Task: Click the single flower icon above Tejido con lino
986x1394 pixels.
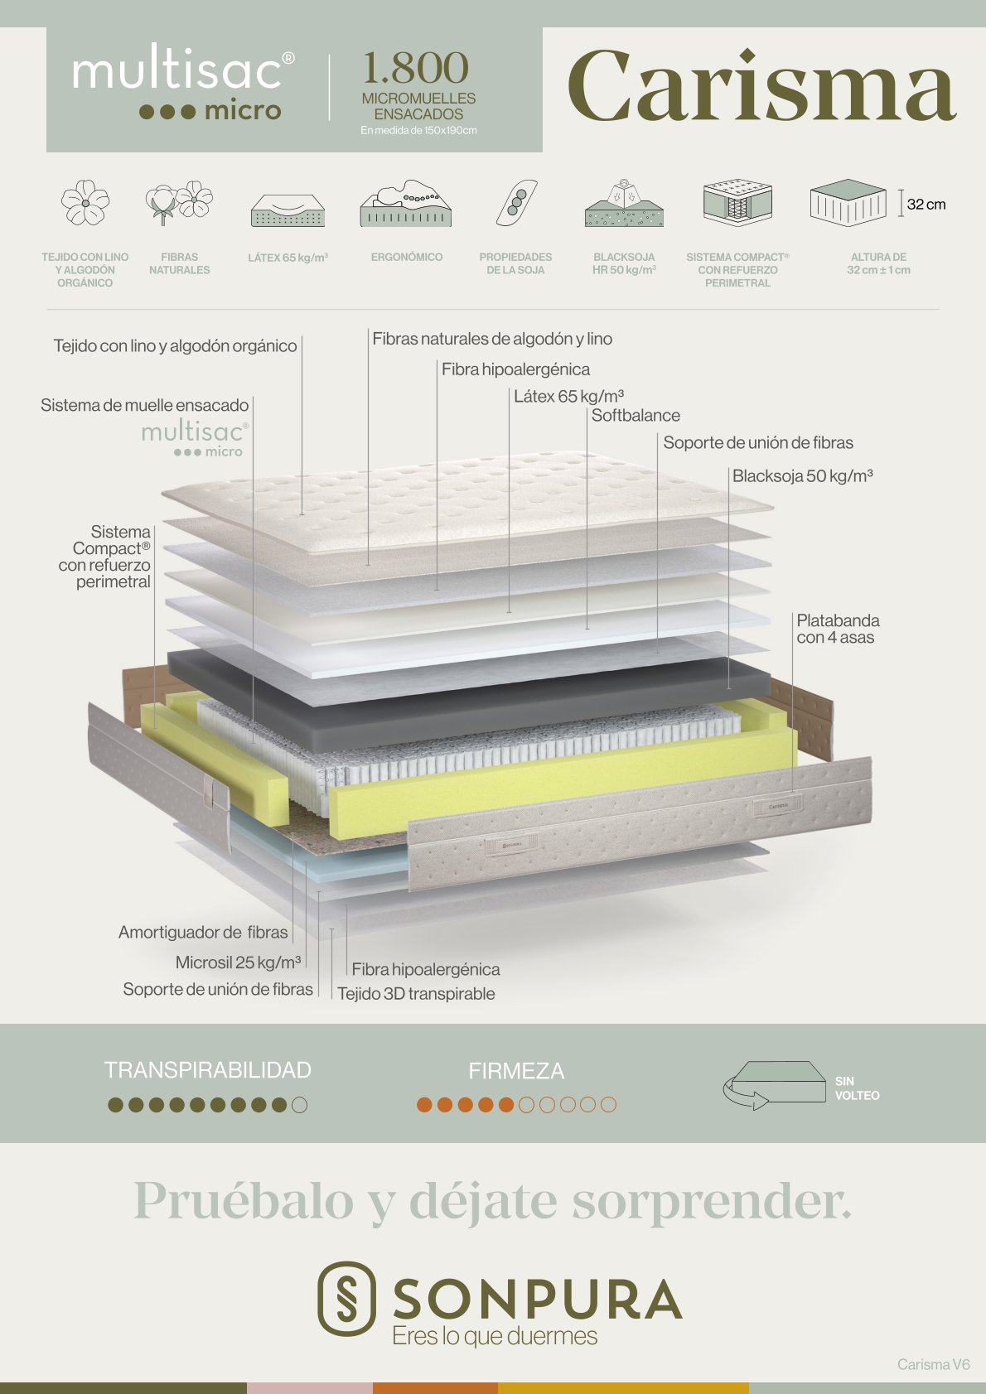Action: click(85, 202)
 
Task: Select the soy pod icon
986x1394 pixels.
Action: click(517, 202)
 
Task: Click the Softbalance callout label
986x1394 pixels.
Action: click(636, 415)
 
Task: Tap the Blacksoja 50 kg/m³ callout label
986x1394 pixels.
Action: click(802, 476)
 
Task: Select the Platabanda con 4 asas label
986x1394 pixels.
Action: click(838, 629)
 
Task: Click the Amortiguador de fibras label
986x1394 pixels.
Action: click(203, 933)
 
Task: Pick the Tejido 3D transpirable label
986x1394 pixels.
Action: click(417, 993)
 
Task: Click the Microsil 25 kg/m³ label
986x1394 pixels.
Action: click(239, 962)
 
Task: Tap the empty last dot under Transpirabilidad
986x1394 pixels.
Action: click(299, 1105)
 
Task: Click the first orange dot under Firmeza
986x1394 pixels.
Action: click(424, 1105)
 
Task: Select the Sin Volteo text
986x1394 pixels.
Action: click(857, 1088)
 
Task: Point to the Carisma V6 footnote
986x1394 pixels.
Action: click(934, 1364)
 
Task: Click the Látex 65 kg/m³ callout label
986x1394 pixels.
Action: click(568, 397)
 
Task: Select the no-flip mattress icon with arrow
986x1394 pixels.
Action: click(775, 1085)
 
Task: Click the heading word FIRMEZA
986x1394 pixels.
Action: click(516, 1071)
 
